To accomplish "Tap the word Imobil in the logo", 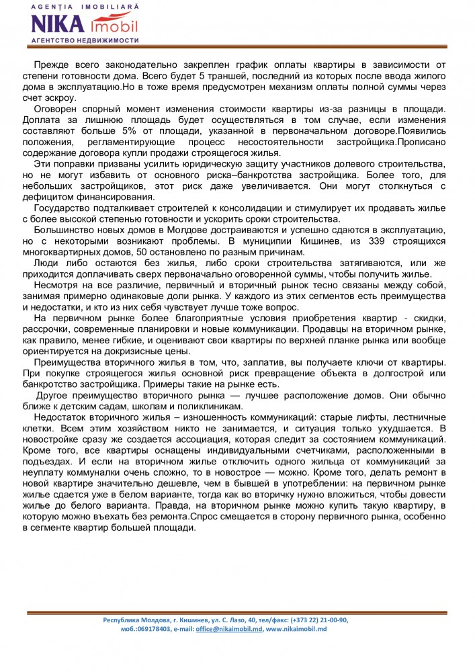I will (x=113, y=26).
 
